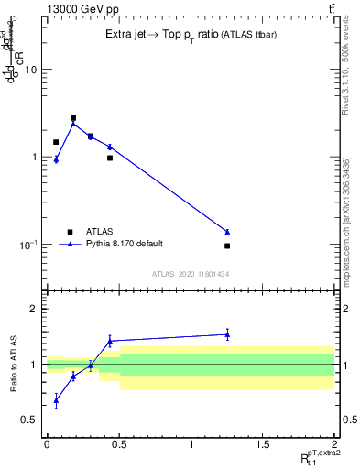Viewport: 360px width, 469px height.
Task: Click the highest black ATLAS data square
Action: pyautogui.click(x=73, y=118)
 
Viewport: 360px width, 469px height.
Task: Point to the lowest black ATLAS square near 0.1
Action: pyautogui.click(x=227, y=245)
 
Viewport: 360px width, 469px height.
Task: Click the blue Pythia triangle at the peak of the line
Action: pyautogui.click(x=73, y=124)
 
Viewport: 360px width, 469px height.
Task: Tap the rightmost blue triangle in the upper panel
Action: pyautogui.click(x=227, y=232)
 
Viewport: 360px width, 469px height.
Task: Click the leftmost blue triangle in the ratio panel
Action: pyautogui.click(x=56, y=400)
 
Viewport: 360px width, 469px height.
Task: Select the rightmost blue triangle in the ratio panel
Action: pyautogui.click(x=227, y=334)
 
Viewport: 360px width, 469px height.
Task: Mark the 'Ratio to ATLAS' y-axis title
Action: pyautogui.click(x=14, y=365)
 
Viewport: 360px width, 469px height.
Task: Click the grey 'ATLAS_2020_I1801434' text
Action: pyautogui.click(x=191, y=274)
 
